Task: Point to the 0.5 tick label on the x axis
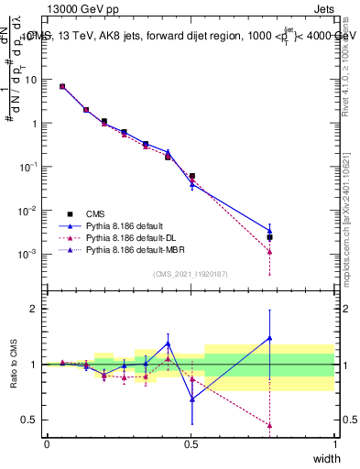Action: click(x=191, y=443)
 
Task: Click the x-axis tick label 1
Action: click(x=335, y=443)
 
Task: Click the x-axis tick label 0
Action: click(x=47, y=443)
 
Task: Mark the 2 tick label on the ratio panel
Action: click(x=33, y=309)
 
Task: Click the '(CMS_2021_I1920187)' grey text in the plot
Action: click(x=191, y=274)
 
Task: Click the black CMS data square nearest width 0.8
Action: click(x=269, y=237)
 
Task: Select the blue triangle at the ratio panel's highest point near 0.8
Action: click(x=269, y=338)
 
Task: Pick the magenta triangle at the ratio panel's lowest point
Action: click(x=269, y=425)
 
